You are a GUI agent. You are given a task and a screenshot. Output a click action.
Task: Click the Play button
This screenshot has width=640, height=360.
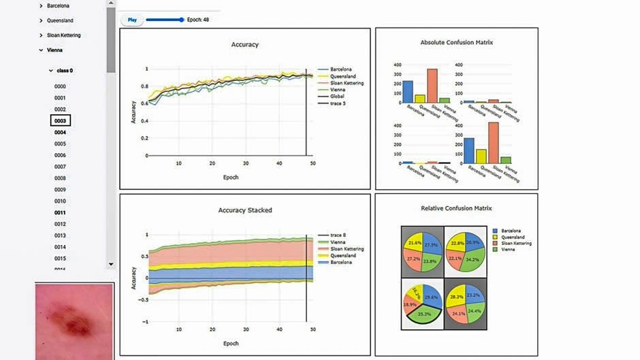click(x=132, y=20)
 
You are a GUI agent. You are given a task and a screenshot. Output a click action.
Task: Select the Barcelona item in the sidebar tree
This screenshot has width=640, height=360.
click(x=58, y=5)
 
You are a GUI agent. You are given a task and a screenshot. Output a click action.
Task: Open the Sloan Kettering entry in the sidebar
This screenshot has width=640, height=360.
click(x=63, y=35)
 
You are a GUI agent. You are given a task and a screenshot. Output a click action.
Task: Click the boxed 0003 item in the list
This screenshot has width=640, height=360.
click(x=61, y=120)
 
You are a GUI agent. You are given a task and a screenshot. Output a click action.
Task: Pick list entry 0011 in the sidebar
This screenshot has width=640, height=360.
click(x=61, y=212)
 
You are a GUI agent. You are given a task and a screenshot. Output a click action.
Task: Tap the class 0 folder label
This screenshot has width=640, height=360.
click(x=65, y=70)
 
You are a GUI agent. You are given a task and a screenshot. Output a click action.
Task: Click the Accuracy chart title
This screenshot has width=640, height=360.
click(x=245, y=45)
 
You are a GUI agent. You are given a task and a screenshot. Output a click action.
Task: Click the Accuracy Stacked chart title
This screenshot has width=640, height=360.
click(x=245, y=210)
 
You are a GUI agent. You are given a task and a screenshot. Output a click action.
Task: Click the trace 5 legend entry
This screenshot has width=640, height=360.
click(x=339, y=103)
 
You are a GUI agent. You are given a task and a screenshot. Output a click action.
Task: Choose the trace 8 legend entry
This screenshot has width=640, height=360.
click(x=339, y=235)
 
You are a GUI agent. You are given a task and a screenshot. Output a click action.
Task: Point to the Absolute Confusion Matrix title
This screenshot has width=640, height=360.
click(x=457, y=42)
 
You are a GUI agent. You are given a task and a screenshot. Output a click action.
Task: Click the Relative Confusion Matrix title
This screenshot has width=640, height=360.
click(x=457, y=208)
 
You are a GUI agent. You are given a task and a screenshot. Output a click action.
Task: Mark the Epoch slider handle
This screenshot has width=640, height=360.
click(x=182, y=20)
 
